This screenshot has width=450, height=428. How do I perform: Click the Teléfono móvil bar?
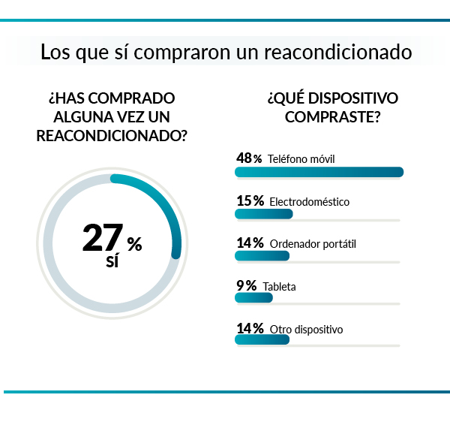(319, 172)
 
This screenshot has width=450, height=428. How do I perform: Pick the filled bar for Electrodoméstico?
(263, 214)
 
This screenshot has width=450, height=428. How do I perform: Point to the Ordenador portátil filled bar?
(262, 256)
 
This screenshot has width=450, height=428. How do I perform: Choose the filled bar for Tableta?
(253, 298)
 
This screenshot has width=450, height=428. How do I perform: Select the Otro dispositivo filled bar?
(262, 340)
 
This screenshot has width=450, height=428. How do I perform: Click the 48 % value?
(249, 158)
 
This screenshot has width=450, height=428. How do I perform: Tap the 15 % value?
(249, 201)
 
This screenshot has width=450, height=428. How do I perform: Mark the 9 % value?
(246, 285)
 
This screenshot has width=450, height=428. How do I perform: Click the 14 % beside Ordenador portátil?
(249, 243)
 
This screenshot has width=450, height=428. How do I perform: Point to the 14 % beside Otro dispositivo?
(249, 328)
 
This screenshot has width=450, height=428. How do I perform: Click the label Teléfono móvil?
(301, 159)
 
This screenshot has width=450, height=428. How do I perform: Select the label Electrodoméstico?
(309, 202)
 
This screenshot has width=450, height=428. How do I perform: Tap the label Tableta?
(279, 286)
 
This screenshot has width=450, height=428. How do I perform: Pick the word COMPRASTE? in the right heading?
(331, 118)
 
